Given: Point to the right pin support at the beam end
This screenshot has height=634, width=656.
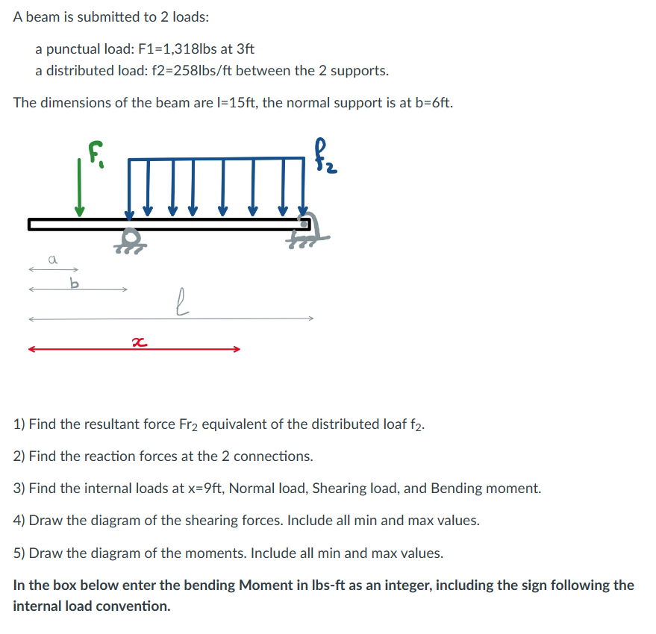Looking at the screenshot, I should pos(307,227).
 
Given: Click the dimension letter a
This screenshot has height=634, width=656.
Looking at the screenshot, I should pos(52,260).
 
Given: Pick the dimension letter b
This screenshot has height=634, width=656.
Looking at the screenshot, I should pos(73,283).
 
